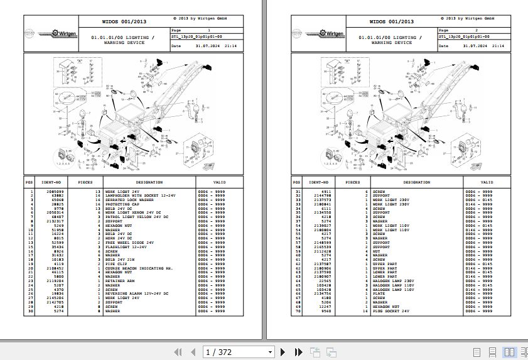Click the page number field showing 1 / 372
tap(239, 352)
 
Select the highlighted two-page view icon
tap(509, 352)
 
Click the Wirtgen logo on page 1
tap(63, 33)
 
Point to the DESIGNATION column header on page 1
tap(149, 182)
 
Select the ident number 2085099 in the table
tap(55, 190)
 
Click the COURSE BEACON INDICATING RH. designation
tap(135, 267)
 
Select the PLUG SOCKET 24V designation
tap(391, 311)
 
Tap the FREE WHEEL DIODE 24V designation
tap(129, 242)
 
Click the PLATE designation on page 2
tap(379, 293)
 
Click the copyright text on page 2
tap(465, 19)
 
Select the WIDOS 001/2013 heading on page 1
tap(123, 22)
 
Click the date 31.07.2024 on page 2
tap(475, 46)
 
